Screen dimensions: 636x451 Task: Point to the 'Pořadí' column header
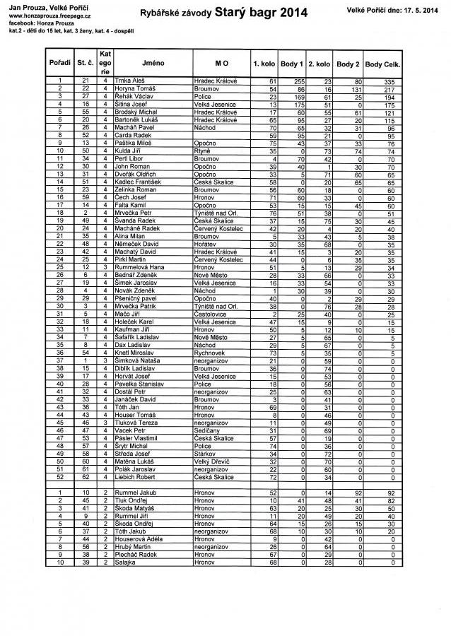point(60,63)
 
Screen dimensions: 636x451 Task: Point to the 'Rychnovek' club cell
point(209,353)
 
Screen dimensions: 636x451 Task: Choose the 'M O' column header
point(218,63)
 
